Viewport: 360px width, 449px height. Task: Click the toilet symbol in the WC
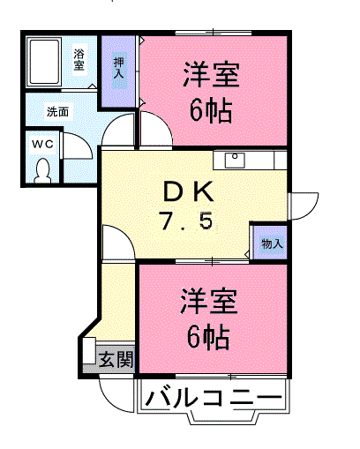tap(43, 170)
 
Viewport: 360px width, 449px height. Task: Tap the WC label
tap(43, 144)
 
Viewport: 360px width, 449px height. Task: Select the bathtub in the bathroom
tap(44, 62)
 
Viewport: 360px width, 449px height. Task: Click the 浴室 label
tap(79, 60)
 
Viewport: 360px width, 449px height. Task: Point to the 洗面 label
tap(57, 112)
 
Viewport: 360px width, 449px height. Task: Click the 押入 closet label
tap(119, 68)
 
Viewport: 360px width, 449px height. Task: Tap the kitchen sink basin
tap(235, 160)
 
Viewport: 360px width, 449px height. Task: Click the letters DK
tap(188, 191)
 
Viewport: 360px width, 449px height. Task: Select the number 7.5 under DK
tap(186, 221)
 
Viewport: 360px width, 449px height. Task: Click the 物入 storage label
tap(272, 243)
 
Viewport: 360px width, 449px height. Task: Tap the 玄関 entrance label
tap(116, 359)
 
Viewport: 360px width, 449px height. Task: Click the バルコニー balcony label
tap(214, 397)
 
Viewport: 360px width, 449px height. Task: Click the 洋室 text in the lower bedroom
tap(209, 302)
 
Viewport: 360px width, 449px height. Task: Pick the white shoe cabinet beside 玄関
tap(89, 351)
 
